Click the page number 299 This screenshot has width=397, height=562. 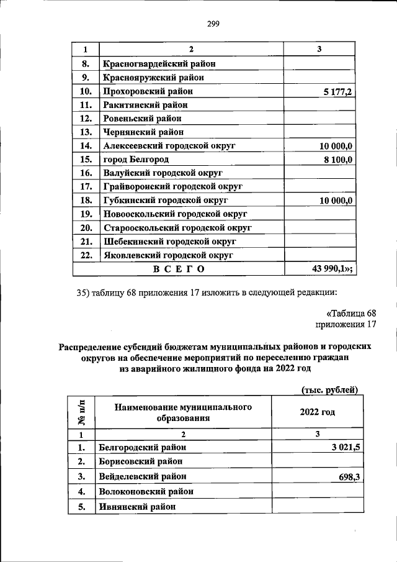[212, 24]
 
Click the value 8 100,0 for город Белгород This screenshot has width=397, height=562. [337, 160]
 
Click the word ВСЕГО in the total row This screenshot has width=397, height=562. [179, 268]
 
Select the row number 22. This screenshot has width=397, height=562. [86, 255]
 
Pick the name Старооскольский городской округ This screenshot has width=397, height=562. [177, 227]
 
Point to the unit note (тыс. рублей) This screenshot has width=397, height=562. [330, 389]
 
